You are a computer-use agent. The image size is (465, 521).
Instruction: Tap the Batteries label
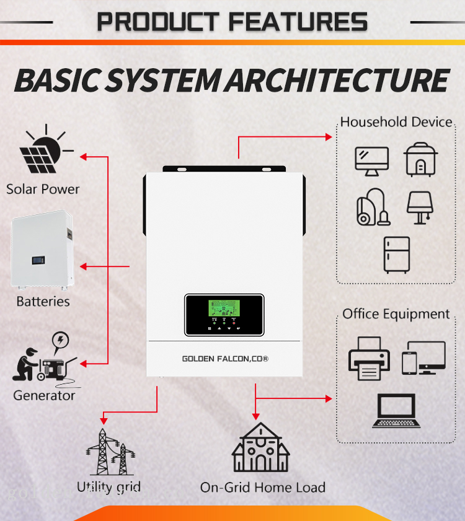pos(43,302)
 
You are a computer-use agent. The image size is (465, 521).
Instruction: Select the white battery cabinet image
pos(42,252)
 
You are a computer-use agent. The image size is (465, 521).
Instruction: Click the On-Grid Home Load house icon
pos(261,449)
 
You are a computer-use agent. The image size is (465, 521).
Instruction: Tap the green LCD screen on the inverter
pos(224,309)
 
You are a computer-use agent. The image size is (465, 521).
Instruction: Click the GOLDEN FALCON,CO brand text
pos(224,359)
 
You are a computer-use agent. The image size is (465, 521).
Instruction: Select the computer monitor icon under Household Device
pos(371,160)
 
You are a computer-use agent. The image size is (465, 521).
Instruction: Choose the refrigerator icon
pos(396,255)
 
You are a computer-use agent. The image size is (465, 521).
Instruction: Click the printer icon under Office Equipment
pos(369,359)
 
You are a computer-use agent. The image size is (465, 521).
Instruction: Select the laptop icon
pos(396,411)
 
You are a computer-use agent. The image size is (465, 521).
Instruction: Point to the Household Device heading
pos(396,122)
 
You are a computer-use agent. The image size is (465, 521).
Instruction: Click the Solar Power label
pos(43,189)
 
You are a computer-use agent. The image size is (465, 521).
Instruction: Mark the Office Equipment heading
pos(396,314)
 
